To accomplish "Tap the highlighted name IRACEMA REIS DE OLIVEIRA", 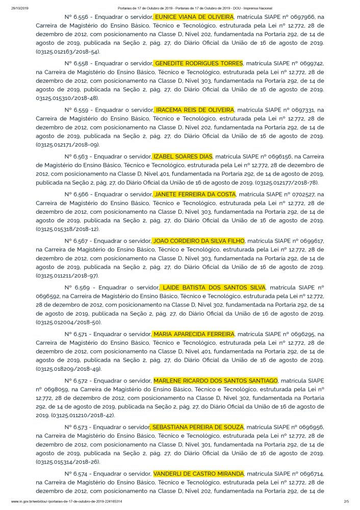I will [x=194, y=110].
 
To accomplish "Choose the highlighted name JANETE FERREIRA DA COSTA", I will [x=195, y=194].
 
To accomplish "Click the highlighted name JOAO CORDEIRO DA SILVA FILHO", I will [x=199, y=241].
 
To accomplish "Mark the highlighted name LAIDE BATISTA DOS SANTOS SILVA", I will [x=213, y=287].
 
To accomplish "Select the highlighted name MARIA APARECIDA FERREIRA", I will [x=194, y=334].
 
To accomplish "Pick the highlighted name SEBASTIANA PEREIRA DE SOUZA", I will [x=197, y=427].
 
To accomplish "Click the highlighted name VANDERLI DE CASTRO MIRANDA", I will [x=198, y=474].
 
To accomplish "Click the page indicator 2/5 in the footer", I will [x=346, y=502].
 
